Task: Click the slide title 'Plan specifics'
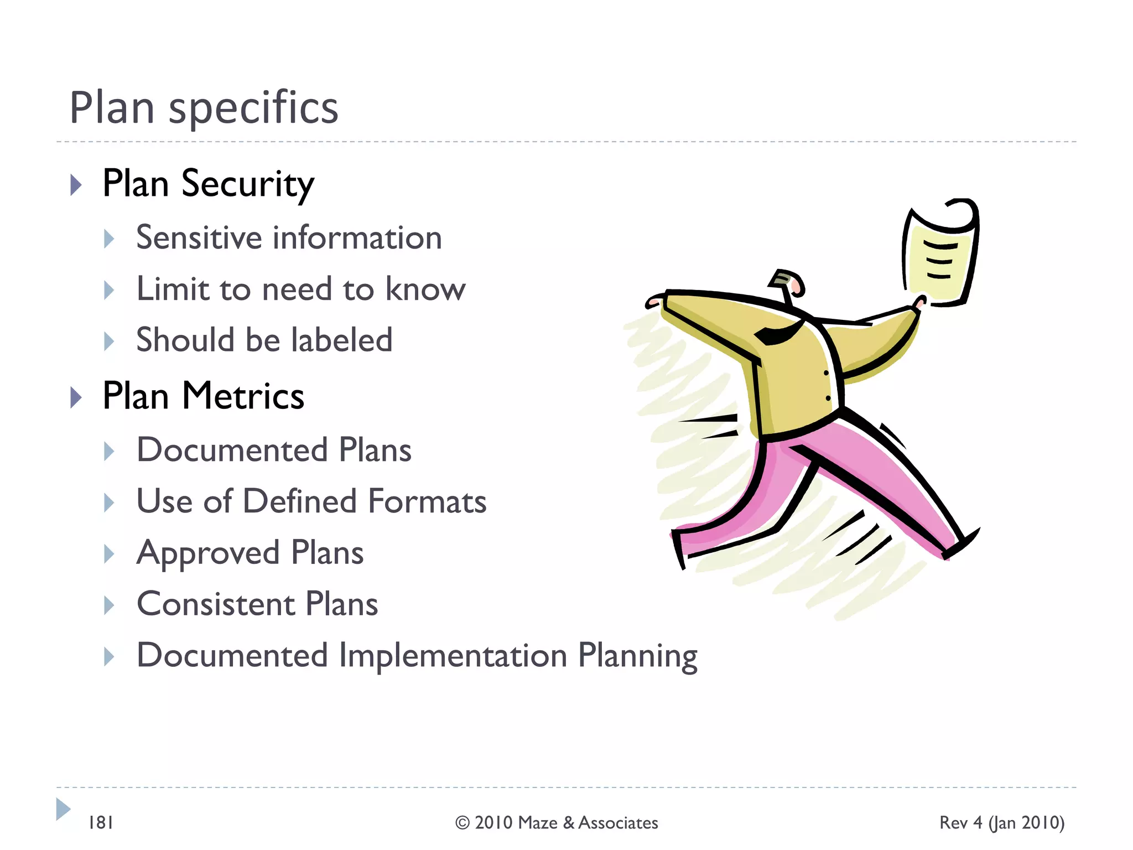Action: click(x=204, y=107)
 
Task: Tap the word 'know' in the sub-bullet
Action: click(x=425, y=289)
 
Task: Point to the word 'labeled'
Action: click(x=342, y=340)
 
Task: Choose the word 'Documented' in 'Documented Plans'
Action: click(x=232, y=449)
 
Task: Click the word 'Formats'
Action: click(x=427, y=501)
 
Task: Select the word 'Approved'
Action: click(x=208, y=553)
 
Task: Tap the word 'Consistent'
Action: click(x=216, y=604)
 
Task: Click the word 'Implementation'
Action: click(x=453, y=655)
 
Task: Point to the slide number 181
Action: click(x=101, y=823)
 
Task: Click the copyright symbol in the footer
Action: click(x=462, y=823)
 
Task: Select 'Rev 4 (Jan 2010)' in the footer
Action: click(x=1001, y=823)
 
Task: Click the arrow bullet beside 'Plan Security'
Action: click(x=76, y=185)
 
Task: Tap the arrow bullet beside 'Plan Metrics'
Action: click(x=76, y=397)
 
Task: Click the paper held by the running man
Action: click(x=939, y=255)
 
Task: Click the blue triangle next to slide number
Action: click(x=63, y=809)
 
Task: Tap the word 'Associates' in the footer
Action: click(x=618, y=823)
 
